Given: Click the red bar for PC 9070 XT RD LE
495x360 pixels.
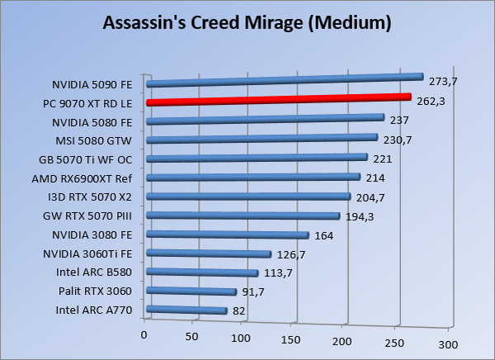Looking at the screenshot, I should click(x=278, y=100).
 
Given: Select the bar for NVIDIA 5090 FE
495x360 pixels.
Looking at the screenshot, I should click(x=284, y=80).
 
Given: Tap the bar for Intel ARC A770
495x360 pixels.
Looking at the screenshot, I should click(x=186, y=310).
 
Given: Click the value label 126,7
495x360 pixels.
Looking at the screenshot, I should click(x=292, y=254).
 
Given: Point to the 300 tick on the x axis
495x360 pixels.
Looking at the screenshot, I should click(x=445, y=341).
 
